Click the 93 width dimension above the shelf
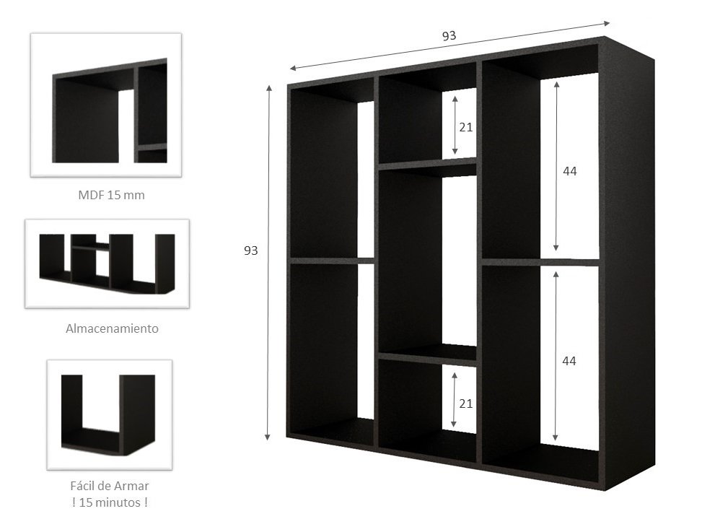pos(449,35)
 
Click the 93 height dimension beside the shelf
pos(250,250)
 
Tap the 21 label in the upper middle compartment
pos(465,127)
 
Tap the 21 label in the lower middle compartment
pos(465,404)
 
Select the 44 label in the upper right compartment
pos(569,172)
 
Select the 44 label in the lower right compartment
pos(569,359)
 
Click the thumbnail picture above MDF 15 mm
pos(105,105)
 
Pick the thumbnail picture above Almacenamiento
pos(107,263)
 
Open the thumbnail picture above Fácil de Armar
pos(109,414)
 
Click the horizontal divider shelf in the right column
pos(540,261)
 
